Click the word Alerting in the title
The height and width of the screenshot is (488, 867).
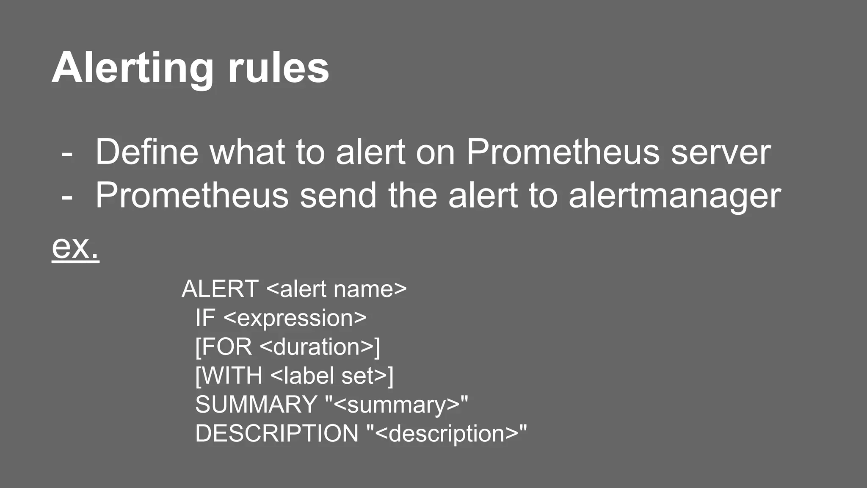click(x=133, y=69)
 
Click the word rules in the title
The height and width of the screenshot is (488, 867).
click(x=278, y=69)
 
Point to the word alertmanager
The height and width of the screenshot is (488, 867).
click(x=674, y=196)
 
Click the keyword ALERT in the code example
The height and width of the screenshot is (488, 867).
click(x=220, y=289)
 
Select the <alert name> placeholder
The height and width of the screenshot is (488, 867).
click(x=337, y=289)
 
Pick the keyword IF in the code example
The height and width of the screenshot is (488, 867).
click(x=205, y=318)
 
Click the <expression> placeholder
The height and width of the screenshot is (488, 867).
click(x=295, y=318)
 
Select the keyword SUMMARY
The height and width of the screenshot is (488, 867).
click(x=256, y=405)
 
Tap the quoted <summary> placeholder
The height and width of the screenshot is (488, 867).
click(x=397, y=405)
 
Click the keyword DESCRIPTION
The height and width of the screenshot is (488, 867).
click(x=277, y=433)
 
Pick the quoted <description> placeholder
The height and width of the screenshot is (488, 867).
click(x=447, y=433)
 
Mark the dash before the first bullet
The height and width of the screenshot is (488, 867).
click(x=67, y=153)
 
